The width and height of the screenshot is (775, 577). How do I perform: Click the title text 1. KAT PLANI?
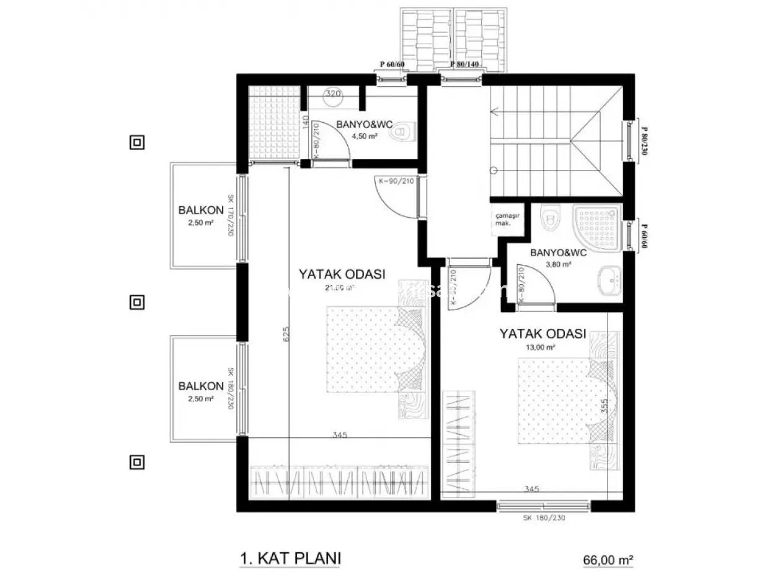(290, 558)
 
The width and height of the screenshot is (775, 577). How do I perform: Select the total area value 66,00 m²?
(608, 560)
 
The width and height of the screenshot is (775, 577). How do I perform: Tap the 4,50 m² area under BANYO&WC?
(365, 135)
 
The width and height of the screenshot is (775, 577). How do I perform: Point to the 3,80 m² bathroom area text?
(558, 264)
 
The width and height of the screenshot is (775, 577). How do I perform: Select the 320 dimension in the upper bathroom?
(333, 94)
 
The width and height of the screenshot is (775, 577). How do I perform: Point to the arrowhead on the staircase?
(494, 112)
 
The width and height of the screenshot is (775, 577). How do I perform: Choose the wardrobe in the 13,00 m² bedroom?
(459, 444)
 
